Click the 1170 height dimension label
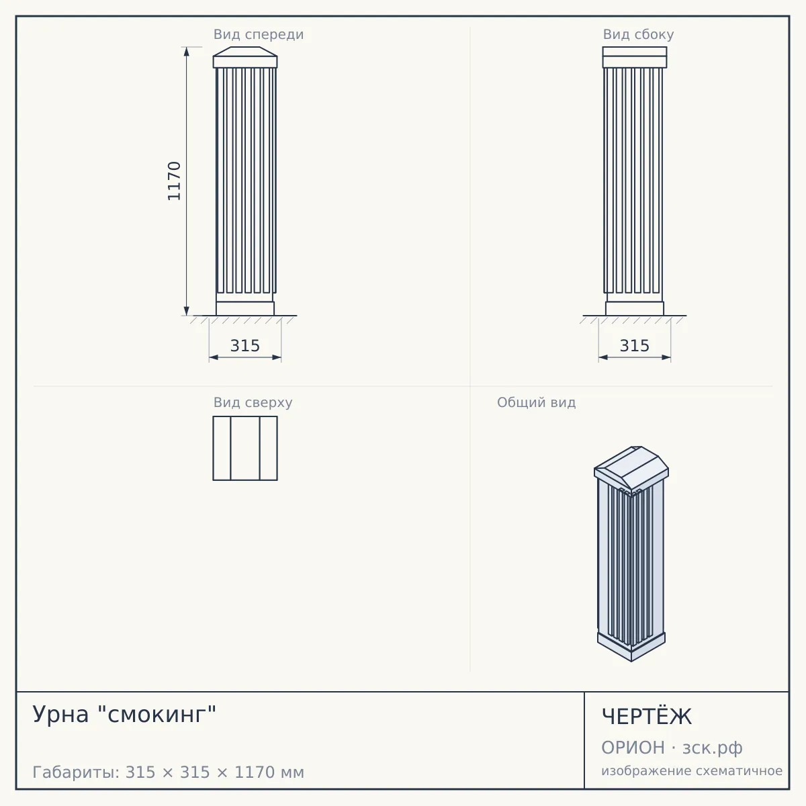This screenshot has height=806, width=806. click(174, 181)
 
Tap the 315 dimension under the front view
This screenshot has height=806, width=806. click(245, 345)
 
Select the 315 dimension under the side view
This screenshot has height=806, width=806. click(635, 345)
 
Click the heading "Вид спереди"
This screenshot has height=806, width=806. click(259, 34)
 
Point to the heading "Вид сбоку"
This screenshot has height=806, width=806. click(638, 34)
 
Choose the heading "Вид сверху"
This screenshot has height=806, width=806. click(253, 402)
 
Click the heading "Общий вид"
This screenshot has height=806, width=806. click(536, 402)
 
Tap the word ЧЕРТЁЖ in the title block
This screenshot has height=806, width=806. click(647, 717)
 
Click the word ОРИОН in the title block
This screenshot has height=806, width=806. click(633, 748)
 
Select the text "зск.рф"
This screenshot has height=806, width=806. click(713, 748)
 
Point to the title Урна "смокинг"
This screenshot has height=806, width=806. click(124, 714)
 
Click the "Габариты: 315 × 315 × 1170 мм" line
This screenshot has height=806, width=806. click(168, 772)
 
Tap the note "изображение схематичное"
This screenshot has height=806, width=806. click(692, 770)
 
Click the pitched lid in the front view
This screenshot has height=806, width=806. click(245, 52)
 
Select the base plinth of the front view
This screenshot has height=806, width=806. click(245, 309)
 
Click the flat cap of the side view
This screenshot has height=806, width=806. click(635, 57)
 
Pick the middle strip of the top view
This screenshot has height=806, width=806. click(245, 449)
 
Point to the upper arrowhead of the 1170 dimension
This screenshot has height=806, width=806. click(187, 52)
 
